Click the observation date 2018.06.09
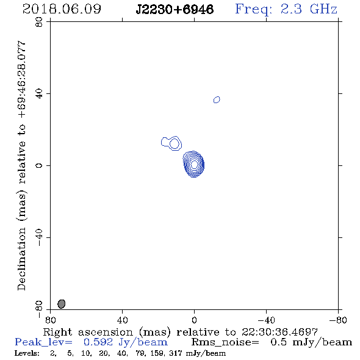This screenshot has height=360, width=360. (62, 9)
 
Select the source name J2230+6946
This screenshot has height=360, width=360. (175, 9)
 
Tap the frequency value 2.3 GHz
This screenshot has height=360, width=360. (309, 9)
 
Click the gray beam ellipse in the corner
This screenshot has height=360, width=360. (62, 304)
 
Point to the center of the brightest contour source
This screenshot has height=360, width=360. (194, 164)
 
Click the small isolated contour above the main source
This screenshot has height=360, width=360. (217, 99)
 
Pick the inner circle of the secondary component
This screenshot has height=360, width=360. (175, 144)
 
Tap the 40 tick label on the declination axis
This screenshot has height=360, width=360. (39, 94)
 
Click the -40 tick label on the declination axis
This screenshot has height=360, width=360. (39, 237)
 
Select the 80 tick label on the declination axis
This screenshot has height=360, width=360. (39, 22)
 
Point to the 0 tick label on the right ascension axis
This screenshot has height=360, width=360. (194, 320)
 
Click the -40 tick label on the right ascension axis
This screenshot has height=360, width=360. (266, 320)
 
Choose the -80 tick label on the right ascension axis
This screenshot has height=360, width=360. (338, 320)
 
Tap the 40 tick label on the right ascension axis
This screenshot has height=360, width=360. (123, 320)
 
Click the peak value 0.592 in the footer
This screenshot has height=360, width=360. (98, 342)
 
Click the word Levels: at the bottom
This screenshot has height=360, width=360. (27, 353)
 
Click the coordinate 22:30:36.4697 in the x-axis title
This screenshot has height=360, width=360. (279, 332)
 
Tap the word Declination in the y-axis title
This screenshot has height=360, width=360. (21, 259)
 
